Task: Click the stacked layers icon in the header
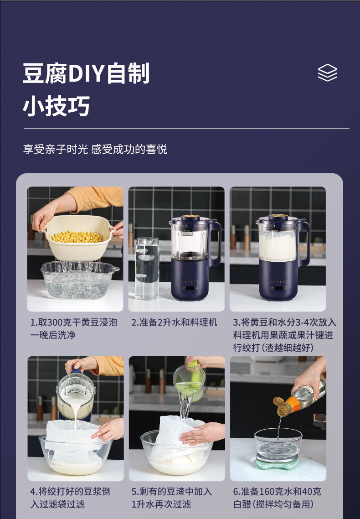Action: click(x=327, y=73)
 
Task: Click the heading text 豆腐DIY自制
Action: click(x=86, y=73)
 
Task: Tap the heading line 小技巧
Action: click(x=56, y=106)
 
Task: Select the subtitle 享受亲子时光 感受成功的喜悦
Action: click(x=95, y=149)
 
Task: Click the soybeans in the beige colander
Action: click(x=77, y=237)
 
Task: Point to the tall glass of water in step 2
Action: click(x=147, y=269)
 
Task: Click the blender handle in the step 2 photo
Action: click(x=215, y=242)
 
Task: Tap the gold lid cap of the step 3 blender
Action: click(x=278, y=217)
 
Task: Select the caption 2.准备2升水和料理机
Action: click(x=174, y=322)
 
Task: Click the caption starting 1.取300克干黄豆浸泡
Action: click(x=74, y=329)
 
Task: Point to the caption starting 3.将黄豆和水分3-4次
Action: click(x=285, y=335)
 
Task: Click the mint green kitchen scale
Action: click(x=278, y=462)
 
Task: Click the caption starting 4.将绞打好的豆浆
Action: click(x=71, y=498)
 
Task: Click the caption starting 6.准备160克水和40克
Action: click(x=277, y=498)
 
